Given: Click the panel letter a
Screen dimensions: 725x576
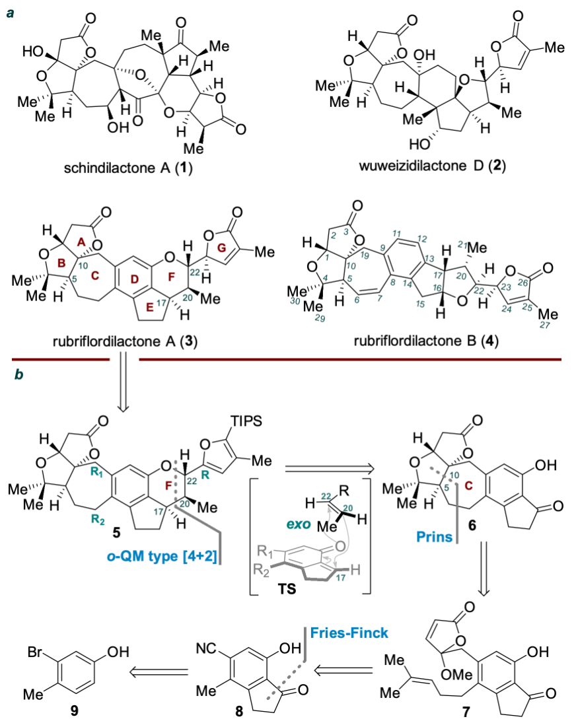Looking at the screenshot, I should click(x=9, y=11).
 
